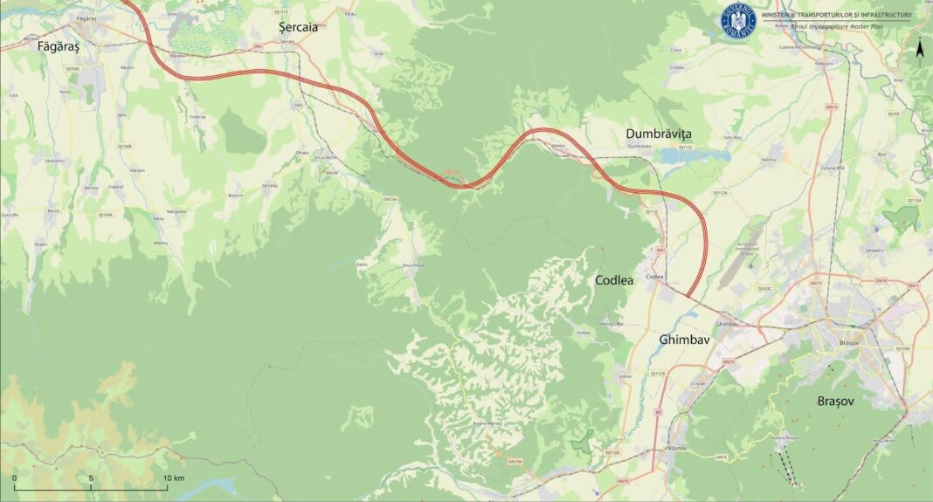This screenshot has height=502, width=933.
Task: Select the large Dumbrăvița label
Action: [x=658, y=134]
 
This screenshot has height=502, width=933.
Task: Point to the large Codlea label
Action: [x=619, y=280]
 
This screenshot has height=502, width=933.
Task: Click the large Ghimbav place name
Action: [x=688, y=339]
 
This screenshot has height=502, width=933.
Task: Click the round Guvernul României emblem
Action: [x=738, y=20]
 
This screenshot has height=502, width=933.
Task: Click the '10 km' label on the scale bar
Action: [x=173, y=478]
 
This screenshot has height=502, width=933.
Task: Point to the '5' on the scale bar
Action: [x=91, y=478]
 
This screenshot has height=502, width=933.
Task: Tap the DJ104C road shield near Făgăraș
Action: [x=73, y=68]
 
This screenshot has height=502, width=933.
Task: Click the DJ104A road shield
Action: [x=105, y=215]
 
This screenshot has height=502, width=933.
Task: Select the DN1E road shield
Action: [x=721, y=457]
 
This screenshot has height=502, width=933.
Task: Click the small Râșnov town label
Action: [x=677, y=448]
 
